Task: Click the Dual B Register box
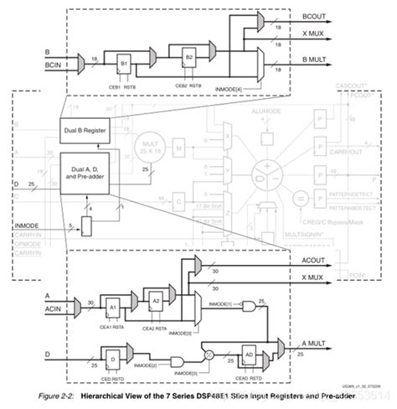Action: click(x=86, y=129)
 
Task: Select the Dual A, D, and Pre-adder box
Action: click(x=86, y=172)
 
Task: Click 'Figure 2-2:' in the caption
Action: click(x=42, y=393)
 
